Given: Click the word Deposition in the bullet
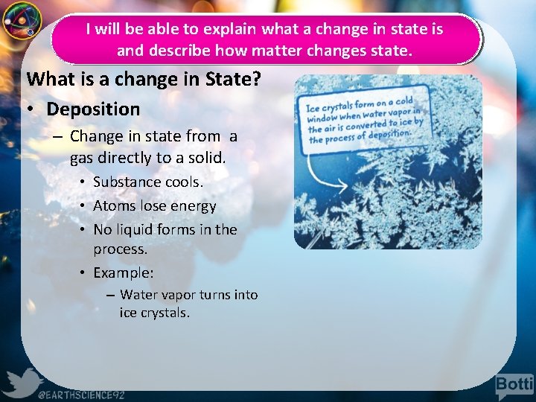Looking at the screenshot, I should point(93,109).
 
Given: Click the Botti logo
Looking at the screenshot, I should point(514,386).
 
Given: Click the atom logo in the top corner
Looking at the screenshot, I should point(21,20).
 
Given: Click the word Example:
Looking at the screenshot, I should point(123,272).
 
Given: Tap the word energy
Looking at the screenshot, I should point(193,205).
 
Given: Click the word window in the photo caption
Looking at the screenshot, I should point(323,118).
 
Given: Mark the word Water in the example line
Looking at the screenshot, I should point(138,295).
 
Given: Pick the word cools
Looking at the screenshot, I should point(184,182).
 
